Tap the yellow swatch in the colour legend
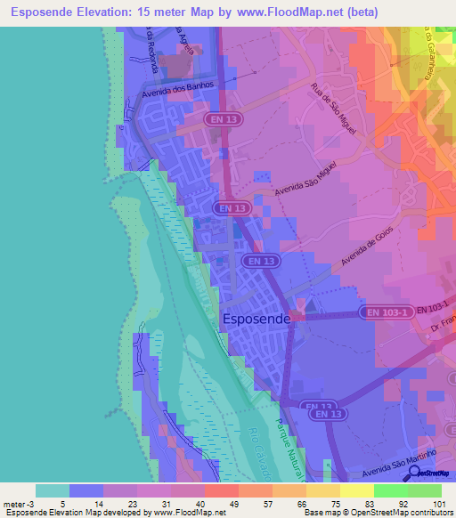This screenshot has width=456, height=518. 356,490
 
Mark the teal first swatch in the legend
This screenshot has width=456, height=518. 52,490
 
